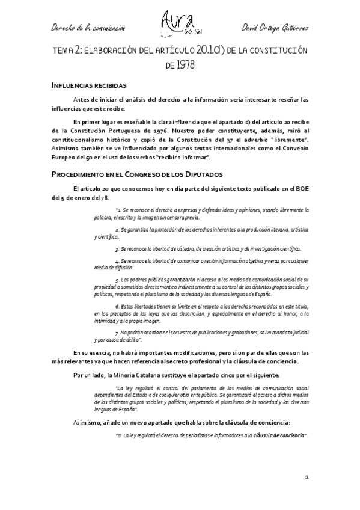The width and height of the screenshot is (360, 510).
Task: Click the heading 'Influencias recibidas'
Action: (x=88, y=85)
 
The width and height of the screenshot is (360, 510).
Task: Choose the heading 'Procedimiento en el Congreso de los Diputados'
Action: (x=138, y=174)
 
